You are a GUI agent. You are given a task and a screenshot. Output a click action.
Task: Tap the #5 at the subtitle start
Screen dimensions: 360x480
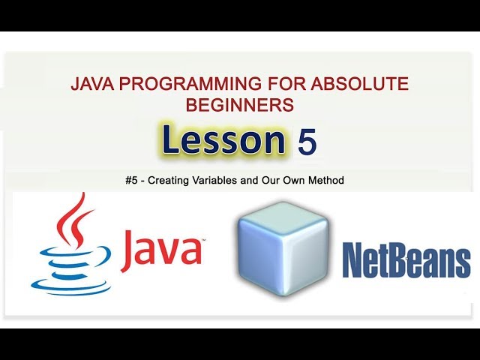tap(134, 181)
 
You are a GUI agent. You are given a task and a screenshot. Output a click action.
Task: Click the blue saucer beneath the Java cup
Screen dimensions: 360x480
tap(71, 286)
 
